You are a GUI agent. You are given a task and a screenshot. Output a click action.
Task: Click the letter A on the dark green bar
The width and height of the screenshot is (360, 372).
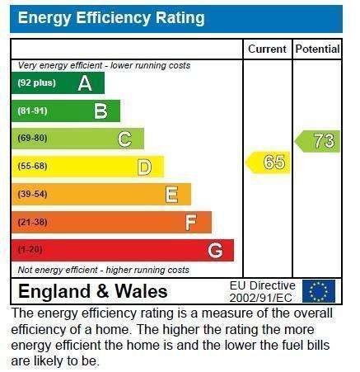point(85,83)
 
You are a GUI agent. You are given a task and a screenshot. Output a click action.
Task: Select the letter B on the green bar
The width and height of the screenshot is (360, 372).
point(101,111)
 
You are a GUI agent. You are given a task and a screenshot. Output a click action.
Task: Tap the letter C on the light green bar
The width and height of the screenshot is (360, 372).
point(124,139)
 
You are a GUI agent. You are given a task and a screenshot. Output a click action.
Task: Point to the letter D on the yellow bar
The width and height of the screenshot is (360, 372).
point(144,167)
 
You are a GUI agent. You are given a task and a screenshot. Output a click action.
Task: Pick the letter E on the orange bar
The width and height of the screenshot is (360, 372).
point(172,195)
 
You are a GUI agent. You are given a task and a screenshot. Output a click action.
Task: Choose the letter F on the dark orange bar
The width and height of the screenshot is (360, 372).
point(191,223)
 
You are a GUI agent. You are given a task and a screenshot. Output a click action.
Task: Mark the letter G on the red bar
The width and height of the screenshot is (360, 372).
point(215,251)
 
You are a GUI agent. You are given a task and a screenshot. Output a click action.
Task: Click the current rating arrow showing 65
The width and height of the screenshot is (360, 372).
point(268,162)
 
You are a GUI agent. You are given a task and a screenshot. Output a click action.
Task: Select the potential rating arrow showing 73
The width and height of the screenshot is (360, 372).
point(317,141)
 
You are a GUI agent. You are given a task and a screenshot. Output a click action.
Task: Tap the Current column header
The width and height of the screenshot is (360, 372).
point(267,49)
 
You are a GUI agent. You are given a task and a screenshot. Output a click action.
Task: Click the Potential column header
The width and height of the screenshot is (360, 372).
point(318,49)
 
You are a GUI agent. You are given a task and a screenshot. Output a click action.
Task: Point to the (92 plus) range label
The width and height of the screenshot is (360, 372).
point(37,82)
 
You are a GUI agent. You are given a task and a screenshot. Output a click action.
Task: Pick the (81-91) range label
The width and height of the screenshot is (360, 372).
point(32,111)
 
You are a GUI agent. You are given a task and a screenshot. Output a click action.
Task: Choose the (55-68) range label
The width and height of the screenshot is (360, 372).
point(32,167)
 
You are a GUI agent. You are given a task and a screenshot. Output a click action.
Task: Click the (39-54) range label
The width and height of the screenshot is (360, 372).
point(32,194)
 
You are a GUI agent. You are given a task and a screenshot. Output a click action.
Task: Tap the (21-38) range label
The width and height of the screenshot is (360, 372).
point(32,222)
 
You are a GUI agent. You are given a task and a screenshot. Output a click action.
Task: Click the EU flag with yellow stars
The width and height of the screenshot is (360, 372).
point(319,291)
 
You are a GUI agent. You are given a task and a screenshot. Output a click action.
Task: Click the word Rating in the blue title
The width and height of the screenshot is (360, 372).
point(180,18)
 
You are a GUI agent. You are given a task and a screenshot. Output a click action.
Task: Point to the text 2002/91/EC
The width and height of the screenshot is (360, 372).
point(260,298)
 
